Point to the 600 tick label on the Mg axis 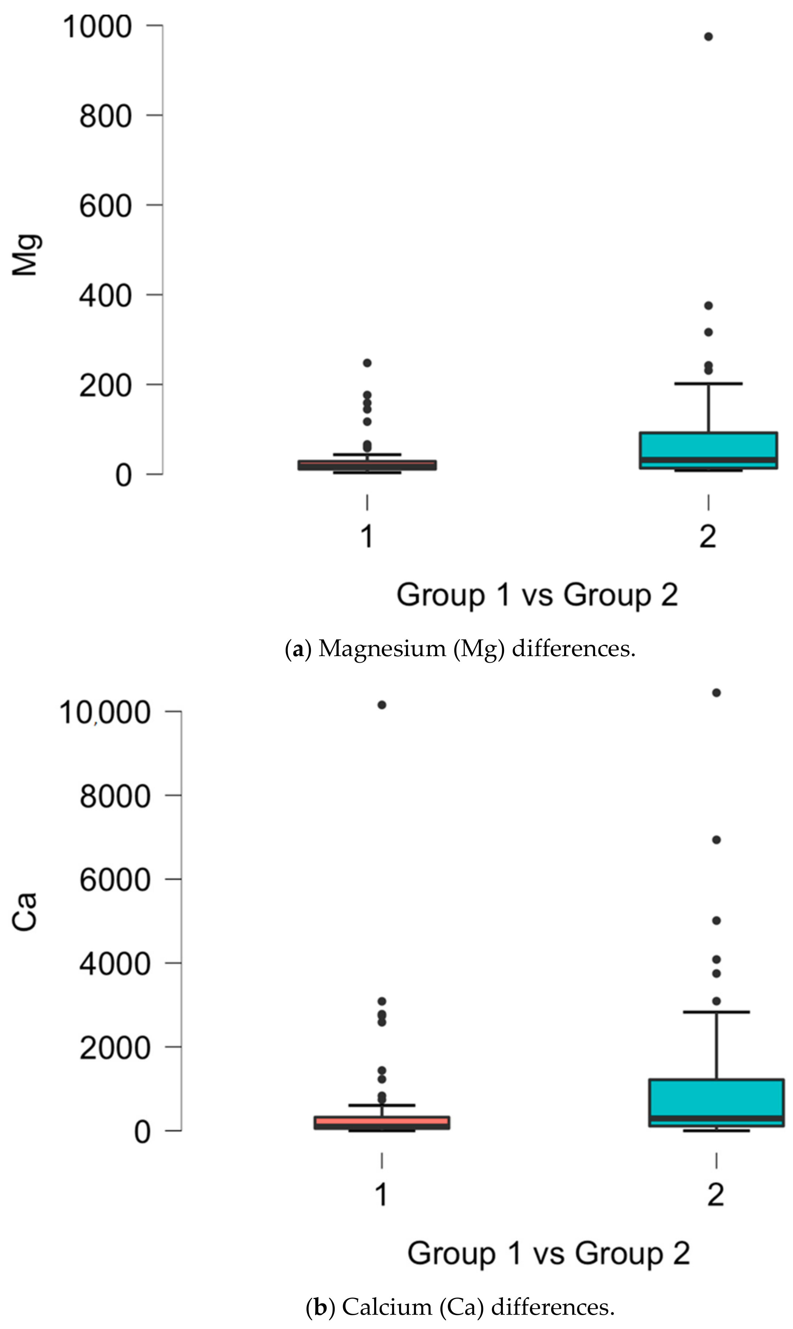point(105,206)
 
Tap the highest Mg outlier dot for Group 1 point(367,363)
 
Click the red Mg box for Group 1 point(367,465)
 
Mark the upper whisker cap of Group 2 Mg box point(709,384)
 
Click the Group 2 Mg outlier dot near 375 point(709,305)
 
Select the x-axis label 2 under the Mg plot point(708,536)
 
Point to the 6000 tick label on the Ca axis point(114,880)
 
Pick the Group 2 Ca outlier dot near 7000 point(717,840)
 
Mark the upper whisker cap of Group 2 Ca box point(717,1012)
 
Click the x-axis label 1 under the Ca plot point(382,1194)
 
